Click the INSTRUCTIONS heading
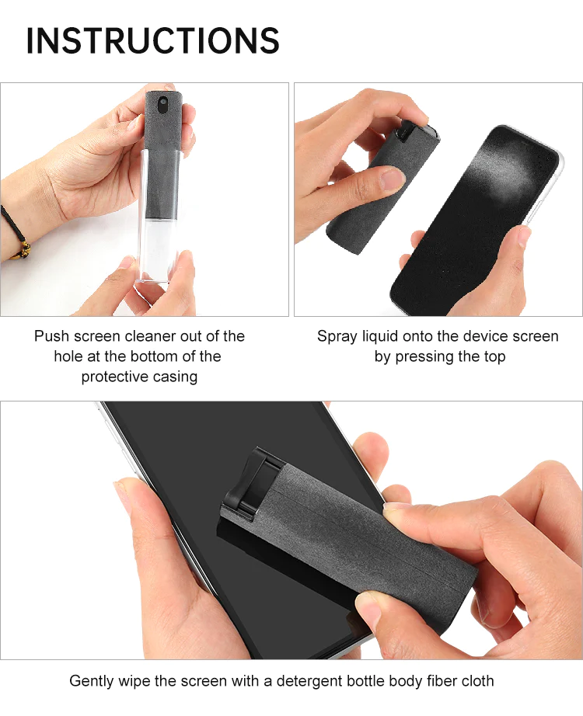[x=152, y=40]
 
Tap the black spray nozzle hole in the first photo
[x=162, y=105]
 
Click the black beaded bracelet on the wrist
[x=14, y=233]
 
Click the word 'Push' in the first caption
[x=51, y=336]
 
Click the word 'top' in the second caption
[x=494, y=356]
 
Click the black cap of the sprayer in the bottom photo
[x=250, y=485]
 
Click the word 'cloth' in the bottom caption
[x=477, y=681]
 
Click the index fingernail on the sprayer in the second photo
[x=392, y=179]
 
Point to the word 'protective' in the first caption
[x=109, y=377]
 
